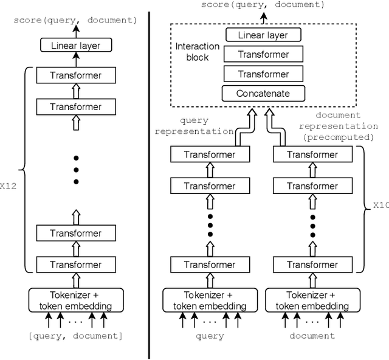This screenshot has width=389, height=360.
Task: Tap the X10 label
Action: (x=380, y=205)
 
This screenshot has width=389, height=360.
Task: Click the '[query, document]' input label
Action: (x=75, y=336)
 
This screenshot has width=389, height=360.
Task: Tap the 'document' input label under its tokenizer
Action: (x=312, y=336)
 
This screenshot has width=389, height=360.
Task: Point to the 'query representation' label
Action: (x=194, y=126)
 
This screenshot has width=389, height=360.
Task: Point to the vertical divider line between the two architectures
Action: (x=150, y=182)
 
